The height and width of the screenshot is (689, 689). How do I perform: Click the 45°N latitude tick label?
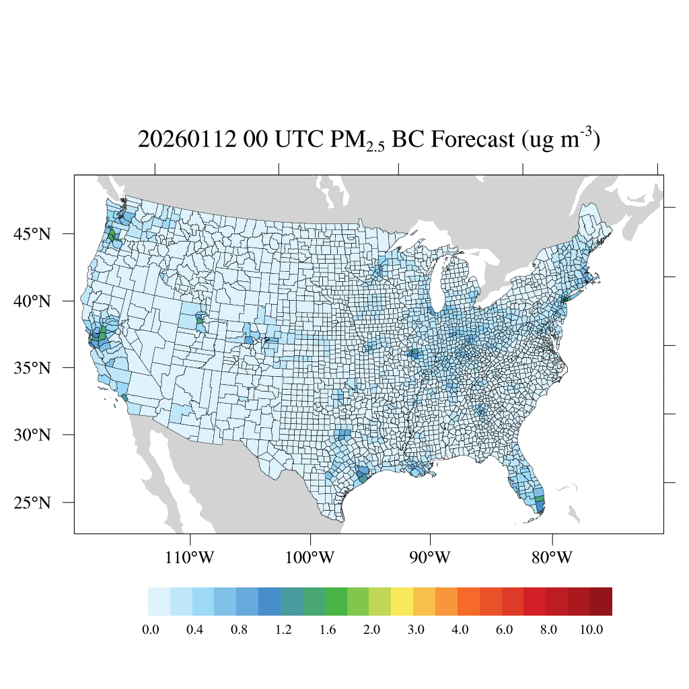pyautogui.click(x=32, y=234)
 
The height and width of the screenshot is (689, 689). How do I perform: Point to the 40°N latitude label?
pyautogui.click(x=32, y=301)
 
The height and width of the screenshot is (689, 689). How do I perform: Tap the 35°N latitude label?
pyautogui.click(x=32, y=368)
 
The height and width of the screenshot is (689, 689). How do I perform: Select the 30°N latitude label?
pyautogui.click(x=32, y=435)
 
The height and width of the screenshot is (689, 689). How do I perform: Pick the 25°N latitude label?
pyautogui.click(x=32, y=503)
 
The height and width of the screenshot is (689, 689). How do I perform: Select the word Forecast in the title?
pyautogui.click(x=466, y=140)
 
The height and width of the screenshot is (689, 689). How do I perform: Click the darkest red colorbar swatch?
pyautogui.click(x=601, y=602)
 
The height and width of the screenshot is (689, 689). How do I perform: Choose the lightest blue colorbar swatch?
pyautogui.click(x=159, y=602)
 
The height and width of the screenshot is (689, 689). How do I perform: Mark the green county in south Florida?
pyautogui.click(x=539, y=499)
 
